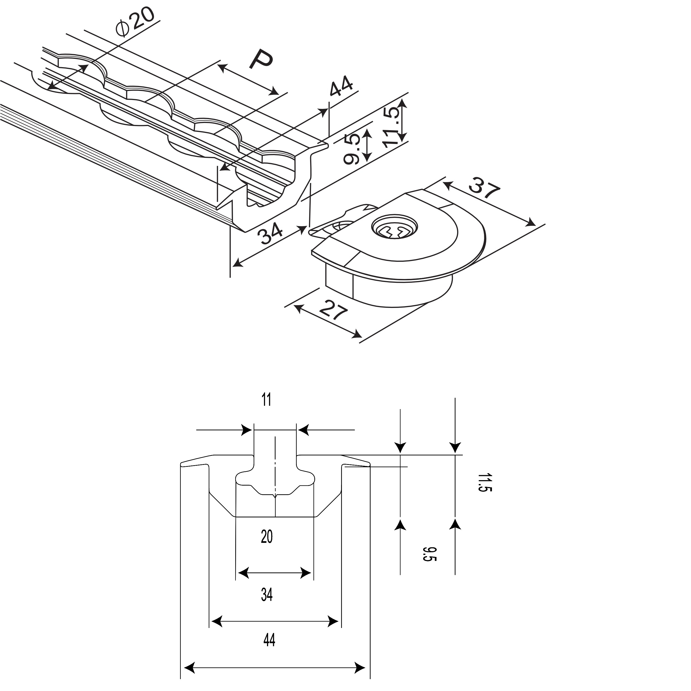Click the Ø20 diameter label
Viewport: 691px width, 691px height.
point(135,22)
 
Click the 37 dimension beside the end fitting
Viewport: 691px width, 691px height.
point(484,187)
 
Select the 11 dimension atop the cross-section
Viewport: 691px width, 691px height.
point(266,399)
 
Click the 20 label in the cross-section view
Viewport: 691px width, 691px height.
point(267,536)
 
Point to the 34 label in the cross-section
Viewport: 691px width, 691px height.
point(267,595)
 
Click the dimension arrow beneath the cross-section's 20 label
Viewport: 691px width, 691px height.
point(274,573)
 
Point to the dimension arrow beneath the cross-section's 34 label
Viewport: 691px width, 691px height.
point(275,621)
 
